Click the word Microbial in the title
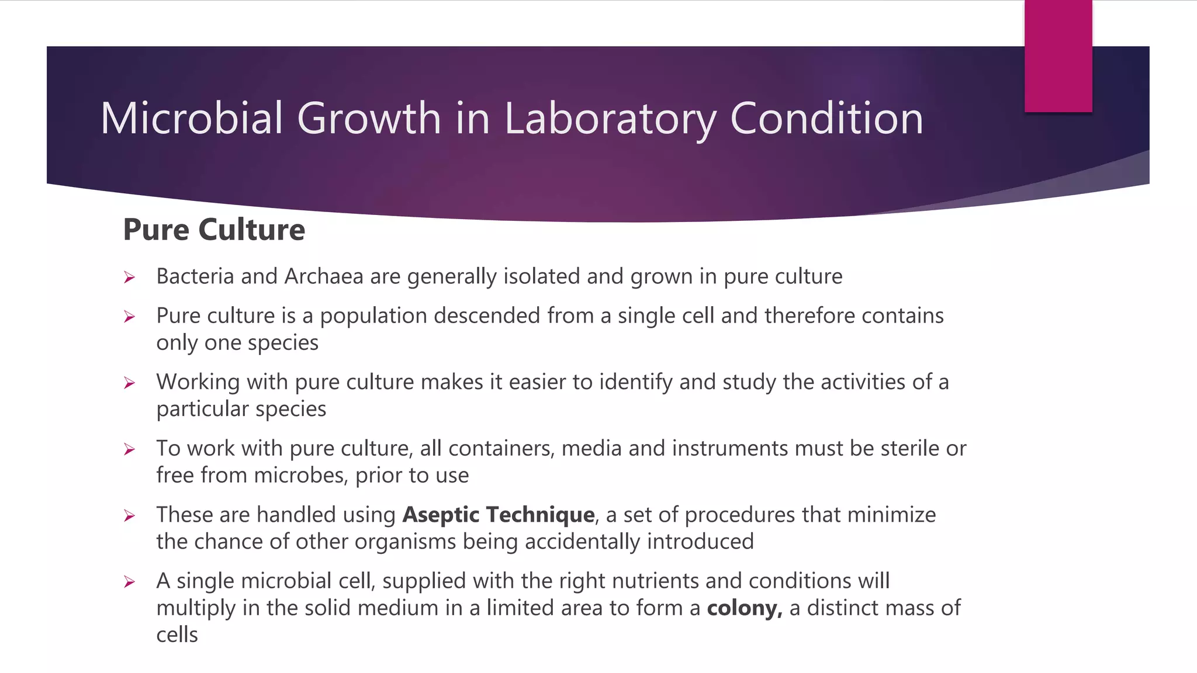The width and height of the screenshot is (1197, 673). pos(192,119)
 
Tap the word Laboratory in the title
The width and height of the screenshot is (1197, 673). pos(609,119)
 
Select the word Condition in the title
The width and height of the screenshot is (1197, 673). pos(826,119)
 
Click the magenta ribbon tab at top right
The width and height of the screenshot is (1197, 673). pos(1058,56)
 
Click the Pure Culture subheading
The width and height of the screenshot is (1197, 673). pos(214,230)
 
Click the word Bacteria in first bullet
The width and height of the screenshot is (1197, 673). pos(195,276)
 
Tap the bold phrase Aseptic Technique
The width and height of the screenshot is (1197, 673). pos(499,515)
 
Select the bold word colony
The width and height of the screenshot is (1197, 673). pos(743,608)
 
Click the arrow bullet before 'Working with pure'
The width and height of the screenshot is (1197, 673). pos(130,383)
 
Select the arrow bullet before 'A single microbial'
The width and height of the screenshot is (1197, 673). pos(130,582)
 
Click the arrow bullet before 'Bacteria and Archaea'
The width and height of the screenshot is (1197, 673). pos(130,277)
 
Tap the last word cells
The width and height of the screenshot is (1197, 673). pos(177,635)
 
